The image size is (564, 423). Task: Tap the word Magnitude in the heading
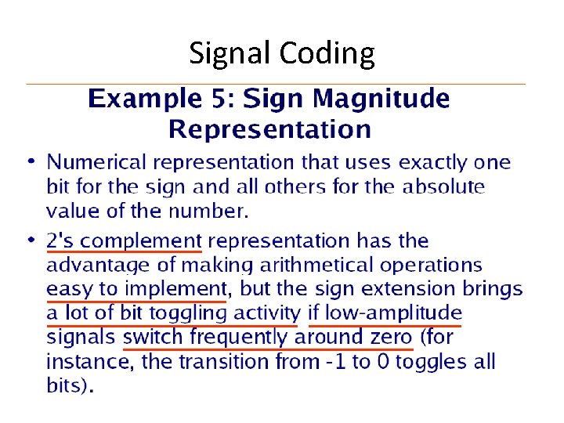[x=381, y=99]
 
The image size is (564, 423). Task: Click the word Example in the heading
[x=141, y=99]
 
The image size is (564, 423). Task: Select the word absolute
[x=444, y=187]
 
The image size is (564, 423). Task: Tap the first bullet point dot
[x=31, y=162]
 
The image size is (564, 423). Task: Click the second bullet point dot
[x=31, y=238]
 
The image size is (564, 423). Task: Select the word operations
[x=433, y=266]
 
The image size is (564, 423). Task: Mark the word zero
[x=389, y=338]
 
